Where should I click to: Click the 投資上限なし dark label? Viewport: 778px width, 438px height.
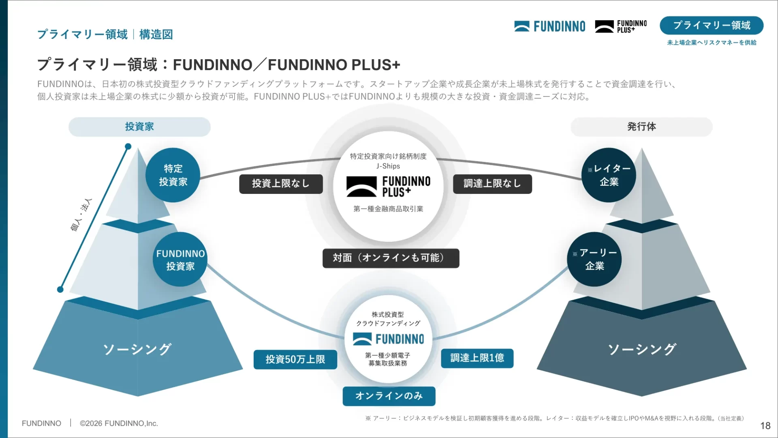click(281, 184)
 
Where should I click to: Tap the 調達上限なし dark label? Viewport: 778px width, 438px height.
click(492, 184)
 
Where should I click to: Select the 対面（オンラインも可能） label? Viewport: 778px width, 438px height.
click(391, 258)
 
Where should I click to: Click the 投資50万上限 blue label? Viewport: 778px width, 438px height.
click(295, 359)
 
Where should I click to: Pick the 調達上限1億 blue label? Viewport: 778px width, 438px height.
click(477, 358)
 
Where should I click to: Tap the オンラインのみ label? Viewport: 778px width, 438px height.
click(389, 396)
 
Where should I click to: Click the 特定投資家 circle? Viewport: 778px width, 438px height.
click(173, 175)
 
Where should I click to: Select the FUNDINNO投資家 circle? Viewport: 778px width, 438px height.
click(180, 260)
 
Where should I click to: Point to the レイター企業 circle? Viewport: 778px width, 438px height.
click(609, 175)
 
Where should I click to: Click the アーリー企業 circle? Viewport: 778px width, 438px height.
click(594, 260)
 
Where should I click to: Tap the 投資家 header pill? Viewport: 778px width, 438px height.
click(139, 127)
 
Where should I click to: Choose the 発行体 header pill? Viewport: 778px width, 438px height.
click(641, 127)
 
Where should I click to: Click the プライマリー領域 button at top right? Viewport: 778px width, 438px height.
click(712, 26)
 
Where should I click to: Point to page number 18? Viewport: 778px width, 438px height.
click(765, 425)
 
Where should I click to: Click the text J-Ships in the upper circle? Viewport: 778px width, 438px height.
click(388, 166)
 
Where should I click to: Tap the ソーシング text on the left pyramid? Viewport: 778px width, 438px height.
click(137, 349)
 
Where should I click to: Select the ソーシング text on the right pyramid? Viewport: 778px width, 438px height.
click(642, 349)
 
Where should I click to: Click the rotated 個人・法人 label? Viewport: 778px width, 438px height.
click(81, 215)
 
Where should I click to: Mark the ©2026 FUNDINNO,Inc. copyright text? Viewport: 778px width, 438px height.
click(119, 423)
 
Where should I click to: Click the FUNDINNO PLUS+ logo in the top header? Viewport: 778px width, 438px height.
click(621, 26)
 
